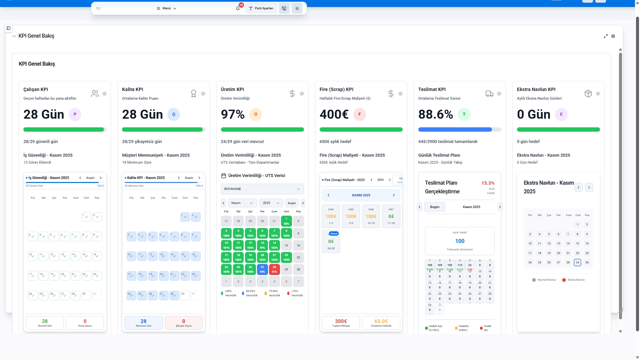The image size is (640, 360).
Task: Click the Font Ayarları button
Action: (x=261, y=8)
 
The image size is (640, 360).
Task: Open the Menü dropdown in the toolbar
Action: (x=166, y=8)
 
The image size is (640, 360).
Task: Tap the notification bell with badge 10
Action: (x=238, y=8)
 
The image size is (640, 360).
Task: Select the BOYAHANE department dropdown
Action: (x=262, y=189)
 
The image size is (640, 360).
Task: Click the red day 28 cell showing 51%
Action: (x=274, y=269)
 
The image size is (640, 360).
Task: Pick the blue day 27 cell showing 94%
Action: (x=262, y=269)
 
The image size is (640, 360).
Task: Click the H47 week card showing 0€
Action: (x=391, y=216)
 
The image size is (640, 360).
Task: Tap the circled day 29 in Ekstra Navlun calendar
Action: (x=577, y=262)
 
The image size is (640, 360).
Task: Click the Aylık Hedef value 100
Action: (x=460, y=241)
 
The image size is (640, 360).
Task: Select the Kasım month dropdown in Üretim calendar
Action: (x=242, y=203)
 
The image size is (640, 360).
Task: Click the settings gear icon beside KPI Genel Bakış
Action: (x=613, y=36)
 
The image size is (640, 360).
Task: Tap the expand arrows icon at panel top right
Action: (x=606, y=36)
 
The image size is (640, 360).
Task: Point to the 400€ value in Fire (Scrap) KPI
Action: (x=334, y=114)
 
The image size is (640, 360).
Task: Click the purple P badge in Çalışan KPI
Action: (x=75, y=114)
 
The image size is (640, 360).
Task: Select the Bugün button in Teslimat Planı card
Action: (x=435, y=207)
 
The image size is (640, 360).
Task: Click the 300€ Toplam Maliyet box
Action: (x=341, y=323)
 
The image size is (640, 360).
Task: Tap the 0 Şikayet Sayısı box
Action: (x=183, y=323)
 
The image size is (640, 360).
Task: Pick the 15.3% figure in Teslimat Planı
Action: (x=488, y=183)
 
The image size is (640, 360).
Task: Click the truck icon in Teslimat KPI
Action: (x=489, y=94)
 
